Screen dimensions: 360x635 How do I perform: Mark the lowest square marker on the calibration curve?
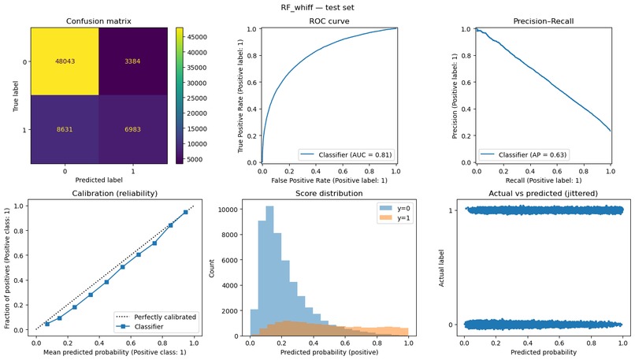pos(47,324)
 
